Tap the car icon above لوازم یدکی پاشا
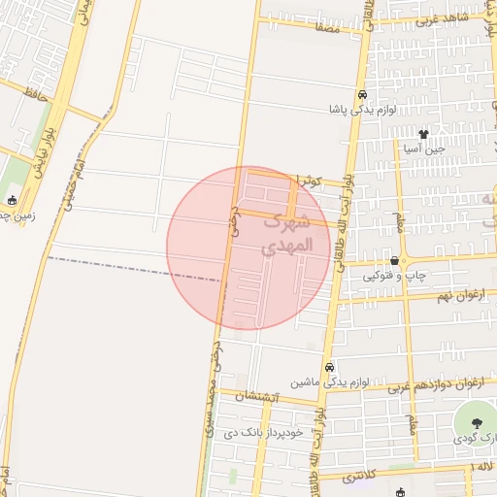(361, 95)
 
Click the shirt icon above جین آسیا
(423, 133)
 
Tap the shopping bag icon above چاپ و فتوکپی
(394, 260)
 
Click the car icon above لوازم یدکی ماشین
(330, 368)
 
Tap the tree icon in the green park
(477, 423)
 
